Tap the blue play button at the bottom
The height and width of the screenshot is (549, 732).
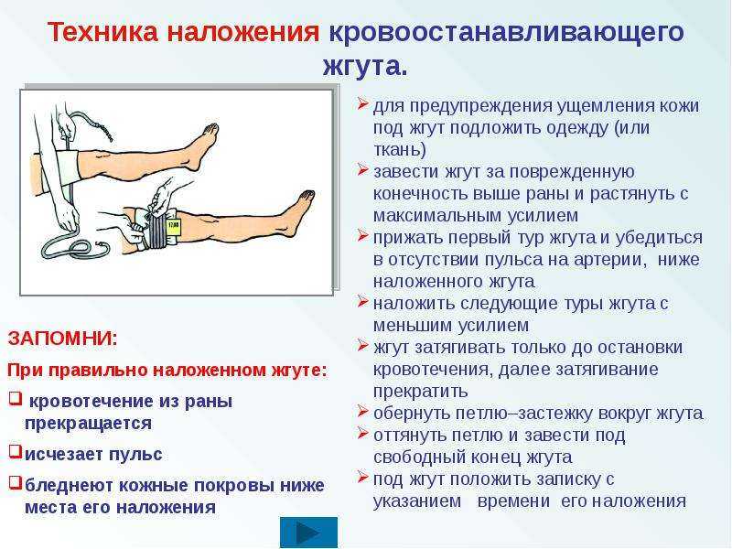(308, 532)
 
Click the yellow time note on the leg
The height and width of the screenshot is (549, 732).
(174, 228)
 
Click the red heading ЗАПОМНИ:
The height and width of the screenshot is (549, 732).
(62, 338)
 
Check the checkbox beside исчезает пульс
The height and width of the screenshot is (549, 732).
(16, 451)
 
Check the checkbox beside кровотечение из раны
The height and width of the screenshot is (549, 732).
(16, 399)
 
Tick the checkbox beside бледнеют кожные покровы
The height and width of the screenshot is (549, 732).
(16, 483)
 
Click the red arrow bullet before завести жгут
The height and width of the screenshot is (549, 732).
(363, 169)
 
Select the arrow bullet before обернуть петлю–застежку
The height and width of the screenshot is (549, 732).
(363, 411)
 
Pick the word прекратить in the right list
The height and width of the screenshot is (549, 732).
(421, 391)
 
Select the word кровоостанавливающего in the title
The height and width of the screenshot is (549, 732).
(507, 33)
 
